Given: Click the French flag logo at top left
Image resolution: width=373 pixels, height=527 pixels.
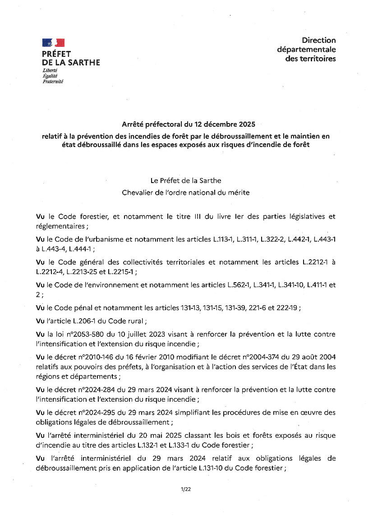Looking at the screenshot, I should (x=53, y=43).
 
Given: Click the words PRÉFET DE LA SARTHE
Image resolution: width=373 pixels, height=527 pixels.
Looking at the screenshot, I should (x=71, y=58).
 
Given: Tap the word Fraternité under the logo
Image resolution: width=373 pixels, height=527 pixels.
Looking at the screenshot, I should (x=53, y=82).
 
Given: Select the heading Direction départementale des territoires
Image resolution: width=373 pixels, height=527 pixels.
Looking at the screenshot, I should (x=306, y=50).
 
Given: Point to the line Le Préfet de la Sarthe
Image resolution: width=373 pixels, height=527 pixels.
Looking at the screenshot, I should (x=186, y=181).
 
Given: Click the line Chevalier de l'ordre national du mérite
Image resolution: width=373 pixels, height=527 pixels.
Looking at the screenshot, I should (x=186, y=192).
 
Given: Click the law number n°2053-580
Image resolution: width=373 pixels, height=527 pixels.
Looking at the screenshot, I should (x=78, y=335).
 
